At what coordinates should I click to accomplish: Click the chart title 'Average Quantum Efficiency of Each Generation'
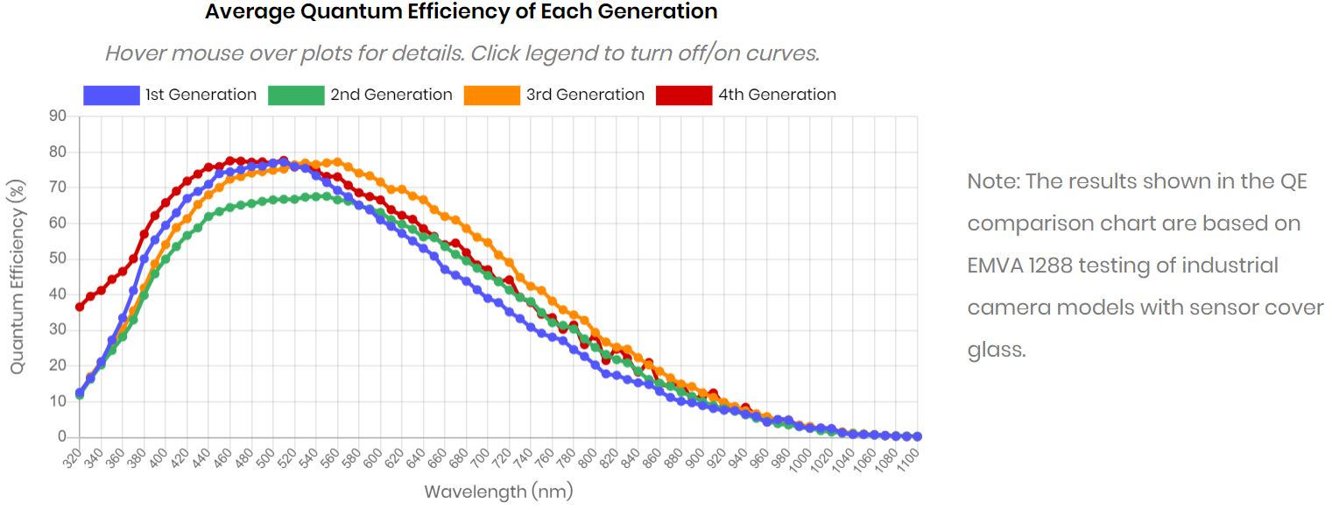pyautogui.click(x=461, y=12)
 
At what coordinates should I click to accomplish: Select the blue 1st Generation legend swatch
pyautogui.click(x=111, y=95)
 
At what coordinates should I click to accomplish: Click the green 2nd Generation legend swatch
pyautogui.click(x=296, y=95)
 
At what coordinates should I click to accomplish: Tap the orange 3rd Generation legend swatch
pyautogui.click(x=491, y=95)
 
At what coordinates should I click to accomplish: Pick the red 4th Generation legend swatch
pyautogui.click(x=684, y=95)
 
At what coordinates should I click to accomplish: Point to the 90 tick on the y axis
pyautogui.click(x=58, y=116)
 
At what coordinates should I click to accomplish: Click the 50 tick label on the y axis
pyautogui.click(x=58, y=259)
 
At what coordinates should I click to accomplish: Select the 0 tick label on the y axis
pyautogui.click(x=62, y=436)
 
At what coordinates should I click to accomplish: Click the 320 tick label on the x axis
pyautogui.click(x=72, y=457)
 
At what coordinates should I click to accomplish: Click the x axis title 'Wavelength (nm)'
pyautogui.click(x=498, y=492)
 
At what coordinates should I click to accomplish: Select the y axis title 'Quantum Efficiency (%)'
pyautogui.click(x=17, y=276)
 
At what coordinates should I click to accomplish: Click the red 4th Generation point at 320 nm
pyautogui.click(x=80, y=307)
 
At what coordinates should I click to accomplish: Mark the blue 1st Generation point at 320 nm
pyautogui.click(x=80, y=393)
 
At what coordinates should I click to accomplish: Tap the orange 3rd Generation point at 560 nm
pyautogui.click(x=337, y=162)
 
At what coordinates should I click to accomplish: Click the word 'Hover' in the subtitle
pyautogui.click(x=135, y=53)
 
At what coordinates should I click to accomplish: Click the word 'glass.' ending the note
pyautogui.click(x=996, y=350)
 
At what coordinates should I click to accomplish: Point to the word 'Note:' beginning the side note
pyautogui.click(x=993, y=181)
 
